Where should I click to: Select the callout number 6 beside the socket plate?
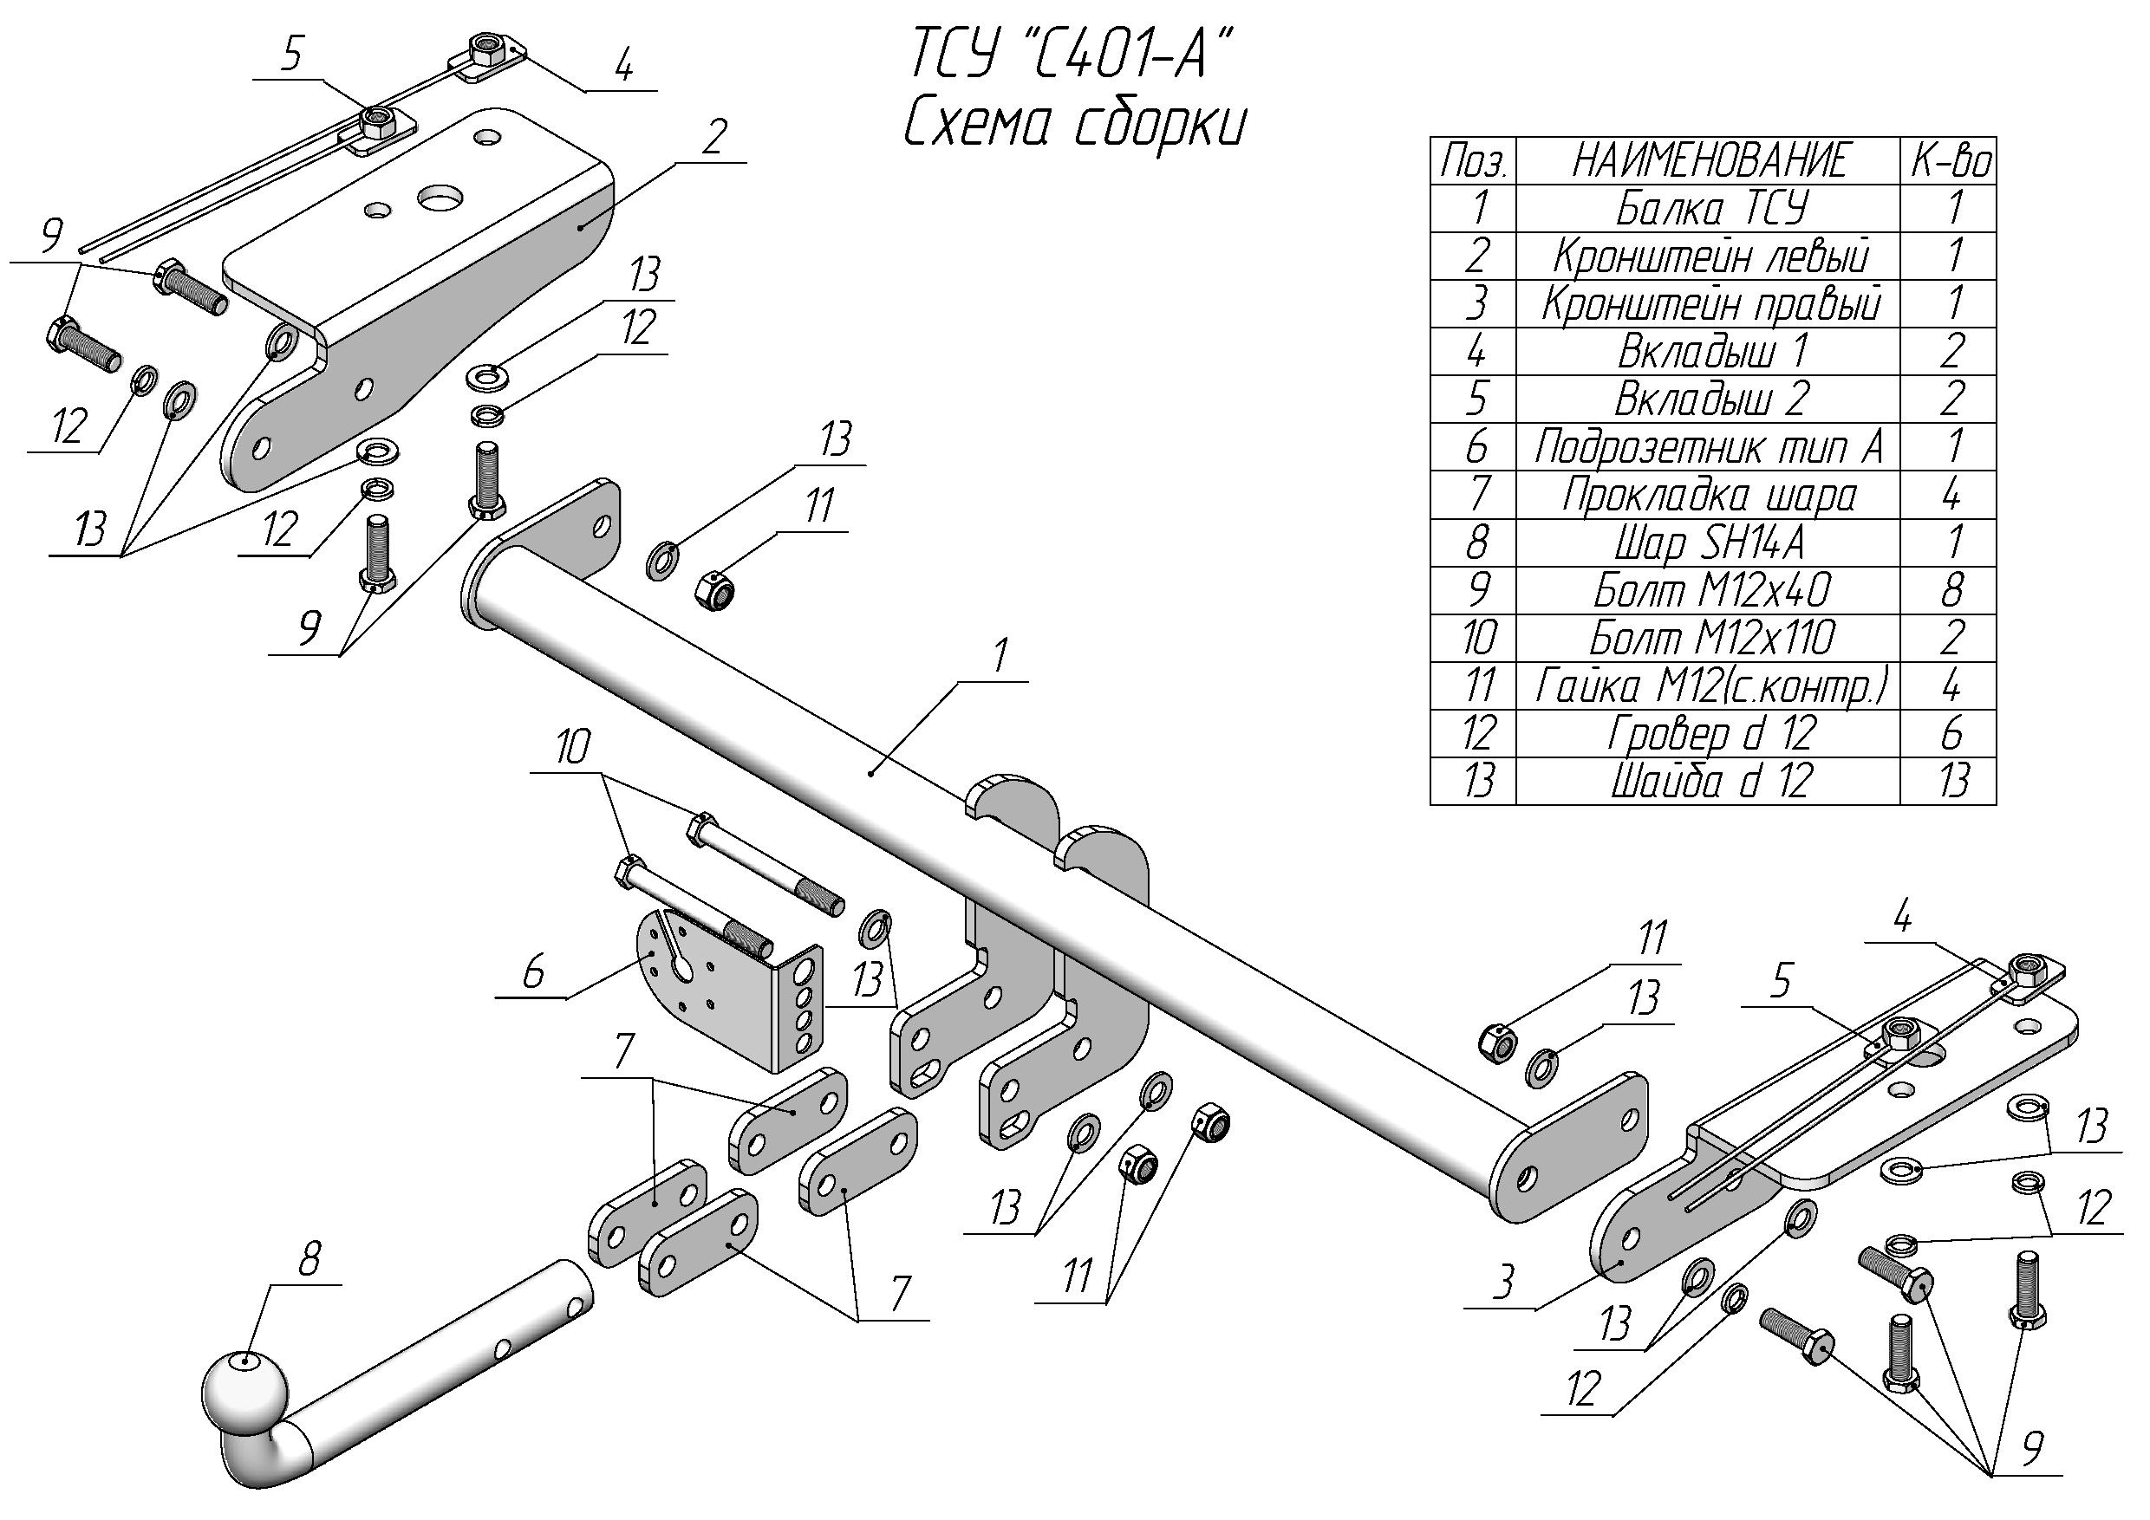pyautogui.click(x=533, y=973)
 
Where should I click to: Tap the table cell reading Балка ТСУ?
pyautogui.click(x=1710, y=208)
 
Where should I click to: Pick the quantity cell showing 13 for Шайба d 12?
pyautogui.click(x=1951, y=781)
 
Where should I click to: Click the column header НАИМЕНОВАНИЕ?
pyautogui.click(x=1710, y=161)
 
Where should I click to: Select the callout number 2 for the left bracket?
pyautogui.click(x=714, y=138)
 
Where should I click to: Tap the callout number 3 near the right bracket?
pyautogui.click(x=1503, y=1283)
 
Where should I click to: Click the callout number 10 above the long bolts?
pyautogui.click(x=572, y=748)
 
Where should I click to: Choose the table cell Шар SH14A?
pyautogui.click(x=1710, y=542)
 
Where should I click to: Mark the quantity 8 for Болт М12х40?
pyautogui.click(x=1951, y=591)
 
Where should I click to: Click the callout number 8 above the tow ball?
pyautogui.click(x=308, y=1261)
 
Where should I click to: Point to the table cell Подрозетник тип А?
pyautogui.click(x=1710, y=447)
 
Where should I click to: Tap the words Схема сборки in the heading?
pyautogui.click(x=1074, y=127)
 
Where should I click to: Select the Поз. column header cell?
pyautogui.click(x=1473, y=161)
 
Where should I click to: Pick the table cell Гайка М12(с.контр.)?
pyautogui.click(x=1710, y=686)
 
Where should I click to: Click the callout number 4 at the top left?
pyautogui.click(x=623, y=68)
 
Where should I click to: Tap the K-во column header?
pyautogui.click(x=1951, y=161)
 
